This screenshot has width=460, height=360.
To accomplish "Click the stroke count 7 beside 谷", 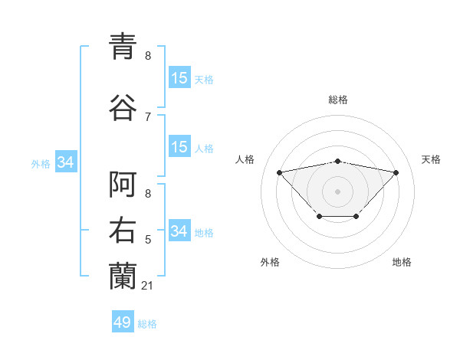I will (x=147, y=116).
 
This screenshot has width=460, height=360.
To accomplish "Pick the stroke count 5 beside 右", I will (x=147, y=240).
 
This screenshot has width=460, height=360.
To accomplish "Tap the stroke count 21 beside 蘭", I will (x=148, y=285).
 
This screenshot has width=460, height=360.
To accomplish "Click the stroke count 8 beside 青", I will (x=147, y=56).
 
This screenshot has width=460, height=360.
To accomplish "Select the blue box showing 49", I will (x=123, y=322).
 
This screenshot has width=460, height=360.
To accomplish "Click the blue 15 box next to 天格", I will (x=179, y=78).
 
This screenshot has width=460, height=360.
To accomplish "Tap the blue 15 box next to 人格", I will (x=179, y=147).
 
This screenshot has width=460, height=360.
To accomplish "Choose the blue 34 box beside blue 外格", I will (x=65, y=162).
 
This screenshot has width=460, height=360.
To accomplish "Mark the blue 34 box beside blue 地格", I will (x=179, y=231).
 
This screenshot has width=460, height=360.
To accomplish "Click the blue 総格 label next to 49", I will (x=147, y=324).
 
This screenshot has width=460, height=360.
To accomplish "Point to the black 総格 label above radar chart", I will (x=338, y=100).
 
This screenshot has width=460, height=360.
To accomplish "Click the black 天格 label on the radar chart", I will (x=431, y=159).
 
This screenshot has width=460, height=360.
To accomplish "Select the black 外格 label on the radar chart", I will (x=270, y=262).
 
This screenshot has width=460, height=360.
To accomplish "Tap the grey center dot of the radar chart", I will (x=337, y=191).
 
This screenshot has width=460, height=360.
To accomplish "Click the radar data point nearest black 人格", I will (x=279, y=172).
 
